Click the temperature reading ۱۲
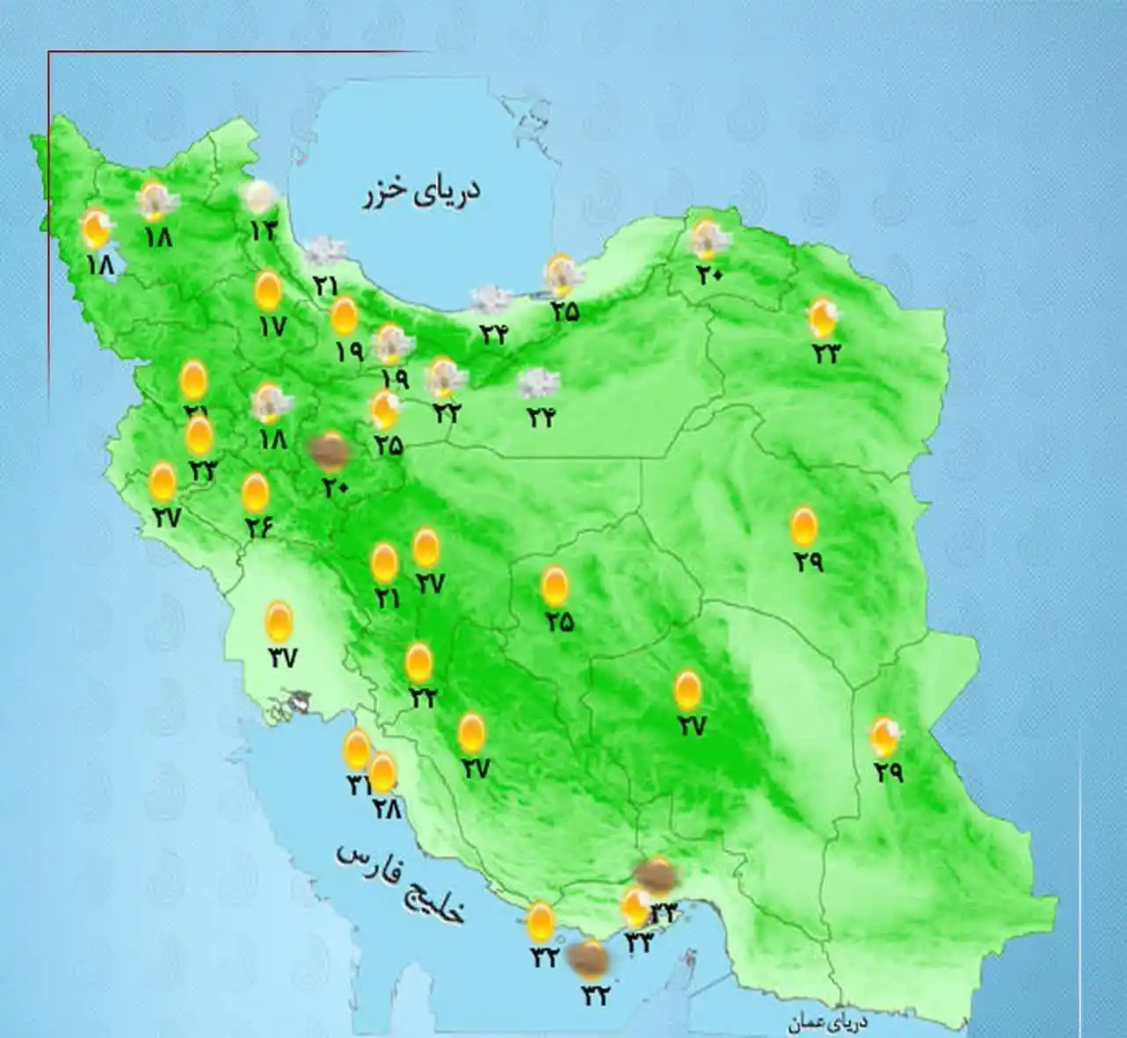tap(263, 230)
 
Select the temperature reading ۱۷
tap(273, 327)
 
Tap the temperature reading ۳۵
tap(565, 310)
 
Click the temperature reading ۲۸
tap(386, 807)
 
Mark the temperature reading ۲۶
tap(259, 526)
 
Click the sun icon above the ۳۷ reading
tap(280, 621)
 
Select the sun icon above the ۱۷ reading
tap(268, 291)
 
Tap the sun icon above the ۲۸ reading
tap(383, 772)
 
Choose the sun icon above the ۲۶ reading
tap(256, 492)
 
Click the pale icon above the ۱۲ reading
tap(259, 197)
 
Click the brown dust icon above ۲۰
tap(330, 450)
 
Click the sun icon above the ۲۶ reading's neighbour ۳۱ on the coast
tap(357, 749)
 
